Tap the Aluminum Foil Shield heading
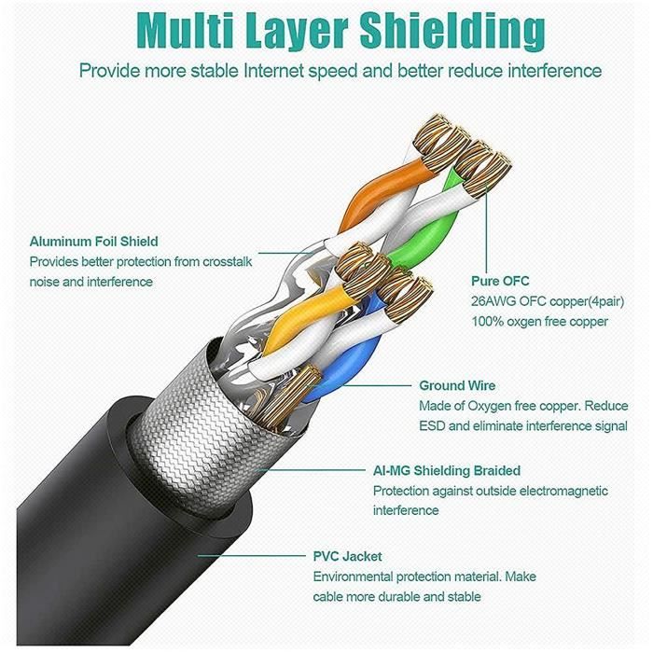pyautogui.click(x=93, y=241)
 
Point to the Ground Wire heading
pyautogui.click(x=457, y=385)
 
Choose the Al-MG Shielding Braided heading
pyautogui.click(x=446, y=471)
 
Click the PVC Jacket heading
pyautogui.click(x=347, y=556)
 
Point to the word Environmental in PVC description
pyautogui.click(x=355, y=577)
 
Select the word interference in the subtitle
pyautogui.click(x=550, y=71)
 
